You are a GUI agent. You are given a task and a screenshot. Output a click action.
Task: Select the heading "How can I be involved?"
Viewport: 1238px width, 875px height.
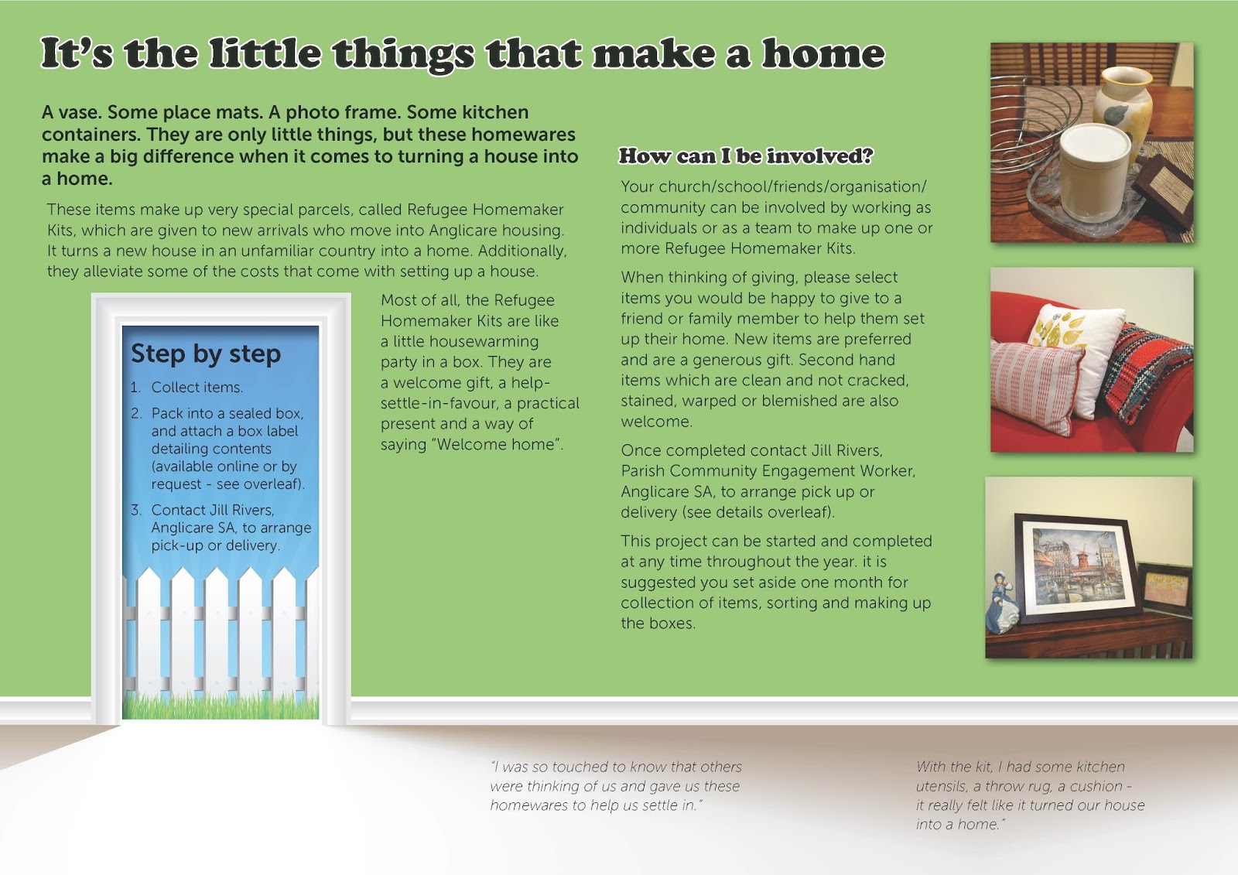(x=746, y=156)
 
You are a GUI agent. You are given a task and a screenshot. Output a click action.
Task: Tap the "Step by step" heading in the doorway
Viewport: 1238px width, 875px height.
(x=206, y=354)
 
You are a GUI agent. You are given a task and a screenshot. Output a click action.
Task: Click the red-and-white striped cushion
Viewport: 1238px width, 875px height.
(x=1035, y=386)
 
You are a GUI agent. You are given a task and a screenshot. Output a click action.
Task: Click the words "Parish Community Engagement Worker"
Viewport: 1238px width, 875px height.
(x=768, y=471)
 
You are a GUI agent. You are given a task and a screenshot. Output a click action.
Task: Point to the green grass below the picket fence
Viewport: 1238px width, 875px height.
(x=221, y=706)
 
